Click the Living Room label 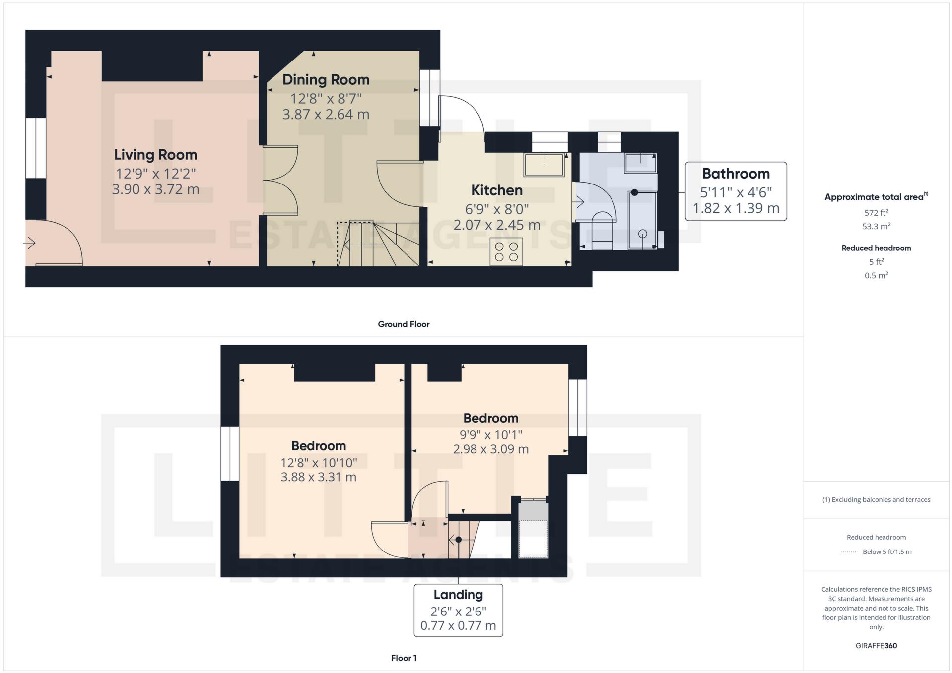click(155, 155)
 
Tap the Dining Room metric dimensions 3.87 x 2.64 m click(326, 115)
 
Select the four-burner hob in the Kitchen click(506, 252)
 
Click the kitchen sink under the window click(544, 165)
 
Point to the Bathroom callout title click(736, 174)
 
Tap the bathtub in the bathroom click(643, 220)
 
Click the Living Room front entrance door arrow click(29, 243)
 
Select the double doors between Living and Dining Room click(280, 180)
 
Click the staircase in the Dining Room click(377, 243)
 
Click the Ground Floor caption click(404, 324)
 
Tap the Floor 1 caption click(404, 658)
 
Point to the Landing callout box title click(458, 595)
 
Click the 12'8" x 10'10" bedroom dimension click(319, 463)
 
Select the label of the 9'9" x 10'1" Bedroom click(490, 418)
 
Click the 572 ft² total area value click(876, 213)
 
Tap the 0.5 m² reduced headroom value click(876, 275)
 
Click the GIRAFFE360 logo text click(876, 646)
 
